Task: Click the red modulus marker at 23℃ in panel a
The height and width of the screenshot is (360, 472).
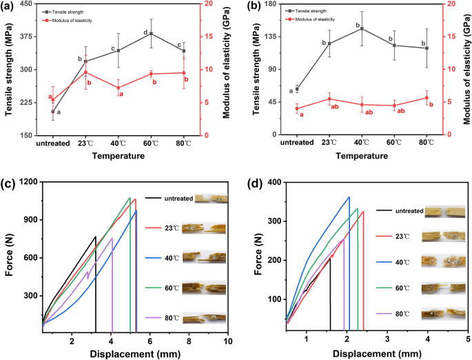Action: (x=85, y=72)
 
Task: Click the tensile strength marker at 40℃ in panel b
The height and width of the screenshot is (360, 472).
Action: (x=362, y=29)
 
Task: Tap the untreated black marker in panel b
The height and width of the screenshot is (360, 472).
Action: (x=297, y=89)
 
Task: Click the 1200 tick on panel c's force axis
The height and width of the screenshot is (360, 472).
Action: (x=27, y=182)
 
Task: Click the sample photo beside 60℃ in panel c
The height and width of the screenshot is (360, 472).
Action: (x=203, y=288)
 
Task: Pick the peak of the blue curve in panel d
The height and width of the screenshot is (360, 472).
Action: (x=349, y=197)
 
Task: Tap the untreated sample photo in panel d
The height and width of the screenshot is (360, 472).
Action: (x=442, y=211)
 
